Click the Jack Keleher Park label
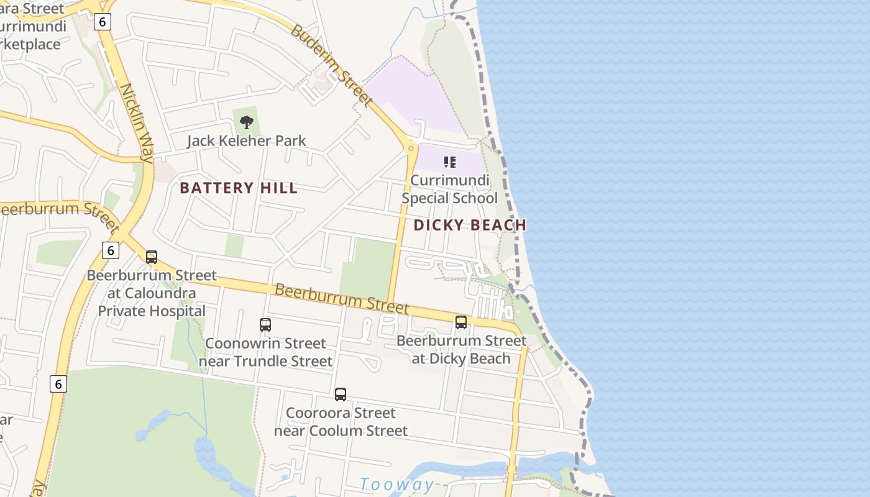(x=247, y=141)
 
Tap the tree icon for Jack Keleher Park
(x=247, y=122)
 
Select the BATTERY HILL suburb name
(x=239, y=188)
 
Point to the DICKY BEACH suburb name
(x=470, y=225)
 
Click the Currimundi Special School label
(x=449, y=189)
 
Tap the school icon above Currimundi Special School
(x=450, y=163)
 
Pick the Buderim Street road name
(x=332, y=64)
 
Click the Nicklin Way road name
(x=137, y=123)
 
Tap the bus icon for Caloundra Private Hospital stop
(x=152, y=257)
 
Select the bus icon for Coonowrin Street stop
(x=265, y=324)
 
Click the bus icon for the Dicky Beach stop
(x=461, y=322)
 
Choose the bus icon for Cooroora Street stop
(x=341, y=394)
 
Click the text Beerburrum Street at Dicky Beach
(x=461, y=350)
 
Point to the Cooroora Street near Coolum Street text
(x=341, y=422)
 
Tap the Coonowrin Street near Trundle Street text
(x=265, y=352)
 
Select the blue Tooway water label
(x=397, y=485)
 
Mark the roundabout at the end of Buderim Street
(x=410, y=148)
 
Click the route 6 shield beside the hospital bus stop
(x=110, y=250)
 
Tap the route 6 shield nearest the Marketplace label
(x=103, y=22)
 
